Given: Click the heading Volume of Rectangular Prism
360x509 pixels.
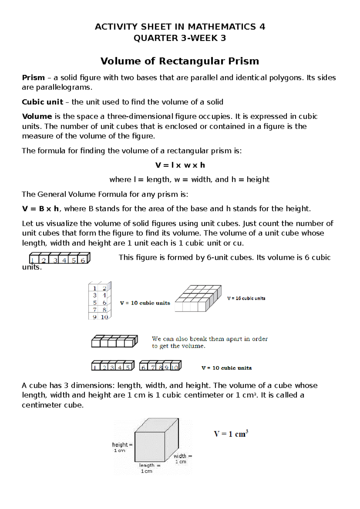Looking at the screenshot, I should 180,61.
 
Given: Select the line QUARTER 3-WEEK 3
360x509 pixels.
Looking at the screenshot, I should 180,38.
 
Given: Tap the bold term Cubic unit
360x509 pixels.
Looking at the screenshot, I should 42,102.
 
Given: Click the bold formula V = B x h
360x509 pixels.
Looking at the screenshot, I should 40,209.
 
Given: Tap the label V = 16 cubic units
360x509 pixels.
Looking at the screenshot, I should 246,298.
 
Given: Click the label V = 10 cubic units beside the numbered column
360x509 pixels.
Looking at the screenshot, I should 145,303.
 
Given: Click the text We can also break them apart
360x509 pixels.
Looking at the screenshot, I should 209,339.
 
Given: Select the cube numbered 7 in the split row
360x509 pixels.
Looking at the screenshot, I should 153,367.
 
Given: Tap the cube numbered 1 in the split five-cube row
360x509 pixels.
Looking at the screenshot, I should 95,367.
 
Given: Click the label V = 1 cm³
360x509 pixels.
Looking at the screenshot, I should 231,434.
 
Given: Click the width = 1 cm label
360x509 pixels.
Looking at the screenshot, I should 182,459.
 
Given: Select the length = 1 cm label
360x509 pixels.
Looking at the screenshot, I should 149,468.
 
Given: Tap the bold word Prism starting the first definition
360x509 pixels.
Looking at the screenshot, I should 33,78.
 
